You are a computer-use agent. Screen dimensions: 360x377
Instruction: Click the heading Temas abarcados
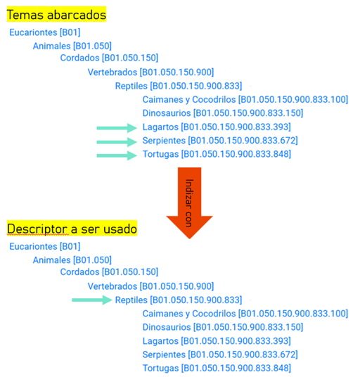56,15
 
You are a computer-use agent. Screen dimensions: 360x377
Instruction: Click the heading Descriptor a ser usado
72,229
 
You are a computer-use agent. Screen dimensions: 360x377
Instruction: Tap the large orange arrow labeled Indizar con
189,203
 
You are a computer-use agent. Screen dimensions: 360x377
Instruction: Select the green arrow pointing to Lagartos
117,128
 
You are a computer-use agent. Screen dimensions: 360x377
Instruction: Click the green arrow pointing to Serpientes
117,142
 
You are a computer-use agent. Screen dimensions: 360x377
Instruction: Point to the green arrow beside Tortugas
117,155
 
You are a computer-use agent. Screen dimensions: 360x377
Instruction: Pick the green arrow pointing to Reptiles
92,300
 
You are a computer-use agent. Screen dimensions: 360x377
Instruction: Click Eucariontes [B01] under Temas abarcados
45,32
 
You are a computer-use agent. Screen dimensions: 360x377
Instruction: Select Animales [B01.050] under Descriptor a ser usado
72,260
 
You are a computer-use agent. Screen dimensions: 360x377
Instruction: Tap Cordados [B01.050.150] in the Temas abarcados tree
109,58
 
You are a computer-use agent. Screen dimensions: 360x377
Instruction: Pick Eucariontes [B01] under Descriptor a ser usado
45,246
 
